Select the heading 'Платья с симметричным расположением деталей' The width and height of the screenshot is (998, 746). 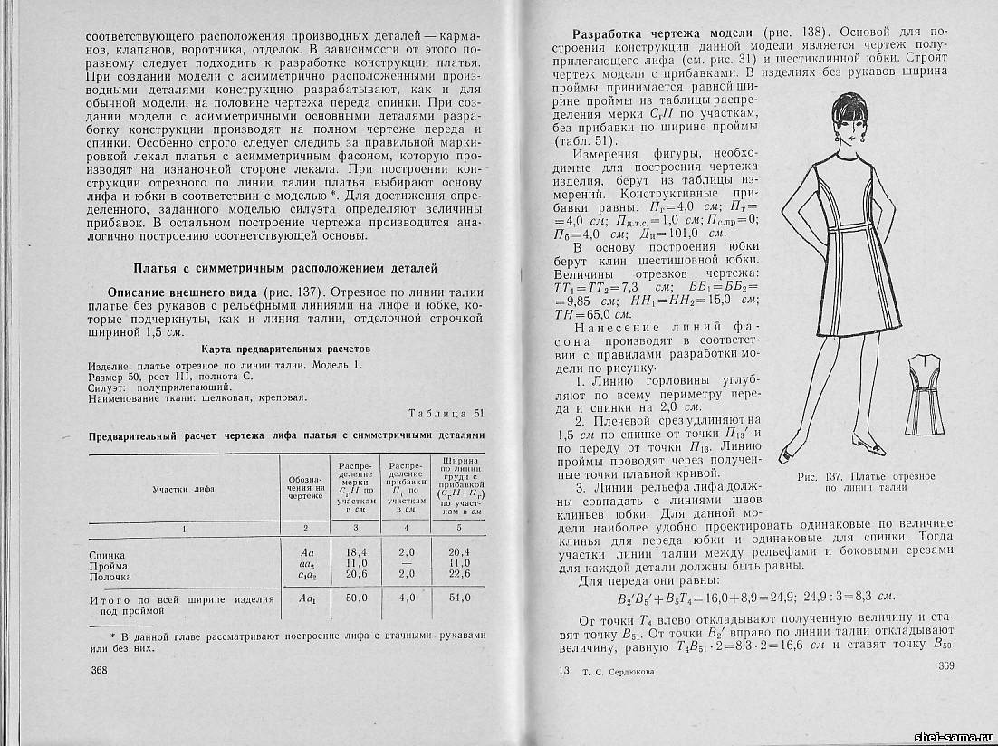(285, 268)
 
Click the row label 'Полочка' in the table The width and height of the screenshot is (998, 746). (110, 576)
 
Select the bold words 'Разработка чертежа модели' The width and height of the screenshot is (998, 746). (657, 33)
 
